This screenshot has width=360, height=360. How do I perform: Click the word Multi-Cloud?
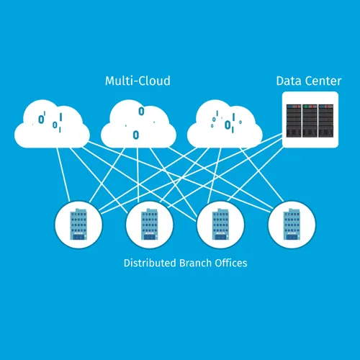coord(138,81)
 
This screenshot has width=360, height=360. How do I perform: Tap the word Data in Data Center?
coord(287,81)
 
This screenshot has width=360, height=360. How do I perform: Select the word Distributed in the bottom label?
coord(150,263)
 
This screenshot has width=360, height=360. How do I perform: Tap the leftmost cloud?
coord(52,124)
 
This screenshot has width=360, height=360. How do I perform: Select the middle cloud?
coord(138,124)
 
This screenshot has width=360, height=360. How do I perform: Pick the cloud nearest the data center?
coord(225,124)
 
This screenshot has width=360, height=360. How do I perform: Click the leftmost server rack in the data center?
coord(294,121)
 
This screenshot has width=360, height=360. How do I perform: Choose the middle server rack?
coord(310,121)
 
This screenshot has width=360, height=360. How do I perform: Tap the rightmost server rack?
coord(326,121)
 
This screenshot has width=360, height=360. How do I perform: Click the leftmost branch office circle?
coord(78,225)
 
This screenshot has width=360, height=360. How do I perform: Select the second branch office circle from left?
coord(150,225)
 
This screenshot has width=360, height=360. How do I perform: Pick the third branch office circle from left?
coord(220,225)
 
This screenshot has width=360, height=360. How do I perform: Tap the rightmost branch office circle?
coord(292,225)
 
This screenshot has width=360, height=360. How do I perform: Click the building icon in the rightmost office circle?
coord(292,224)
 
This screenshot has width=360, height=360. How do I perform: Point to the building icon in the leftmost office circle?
coord(78,224)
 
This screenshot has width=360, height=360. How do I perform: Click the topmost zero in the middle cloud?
coord(142,112)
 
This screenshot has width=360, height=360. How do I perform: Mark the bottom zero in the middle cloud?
coord(136,135)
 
